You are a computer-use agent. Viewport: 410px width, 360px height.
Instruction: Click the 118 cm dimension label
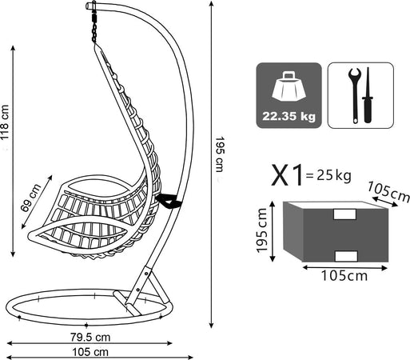tap(5, 122)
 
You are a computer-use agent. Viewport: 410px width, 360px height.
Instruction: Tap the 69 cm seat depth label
tap(31, 198)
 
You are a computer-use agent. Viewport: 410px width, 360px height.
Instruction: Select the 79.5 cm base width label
tap(90, 338)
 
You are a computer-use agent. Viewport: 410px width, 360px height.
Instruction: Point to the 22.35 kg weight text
tap(289, 117)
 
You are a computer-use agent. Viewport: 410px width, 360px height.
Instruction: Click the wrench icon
tap(355, 95)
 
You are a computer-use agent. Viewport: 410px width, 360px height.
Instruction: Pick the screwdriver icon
tap(368, 95)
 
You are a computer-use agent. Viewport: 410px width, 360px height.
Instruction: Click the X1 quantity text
tap(287, 175)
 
